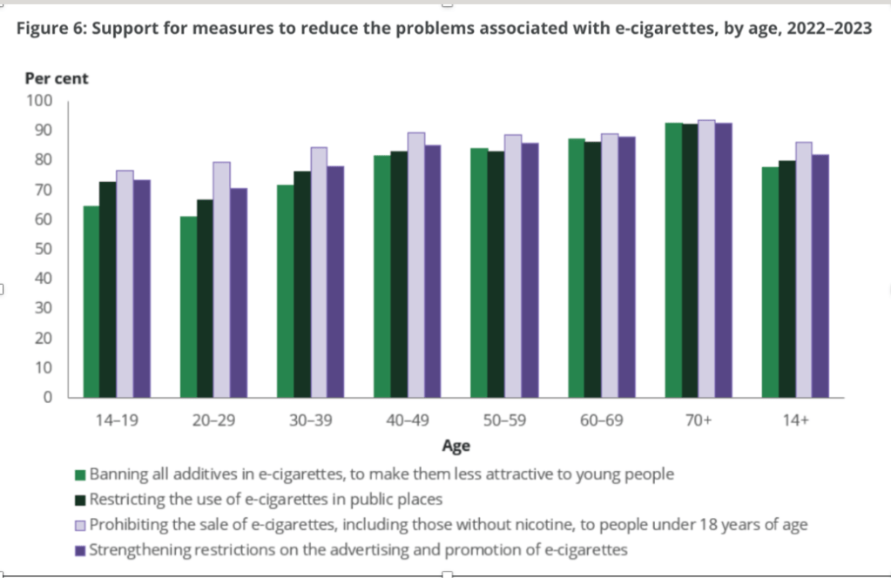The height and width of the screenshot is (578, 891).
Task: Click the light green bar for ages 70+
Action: (673, 260)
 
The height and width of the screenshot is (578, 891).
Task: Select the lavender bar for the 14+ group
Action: (803, 270)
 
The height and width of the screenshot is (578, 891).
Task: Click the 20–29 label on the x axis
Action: (213, 420)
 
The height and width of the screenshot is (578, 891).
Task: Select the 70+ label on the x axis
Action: (698, 420)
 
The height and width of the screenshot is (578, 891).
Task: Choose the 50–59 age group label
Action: (503, 420)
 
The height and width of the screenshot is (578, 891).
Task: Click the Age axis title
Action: (456, 447)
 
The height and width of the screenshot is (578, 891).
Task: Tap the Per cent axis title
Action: (57, 78)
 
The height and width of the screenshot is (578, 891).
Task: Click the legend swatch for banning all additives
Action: (80, 475)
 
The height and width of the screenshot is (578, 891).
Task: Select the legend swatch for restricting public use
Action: (80, 501)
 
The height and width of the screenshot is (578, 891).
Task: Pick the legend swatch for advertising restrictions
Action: (80, 550)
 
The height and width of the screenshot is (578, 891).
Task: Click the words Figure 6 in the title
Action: (52, 28)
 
